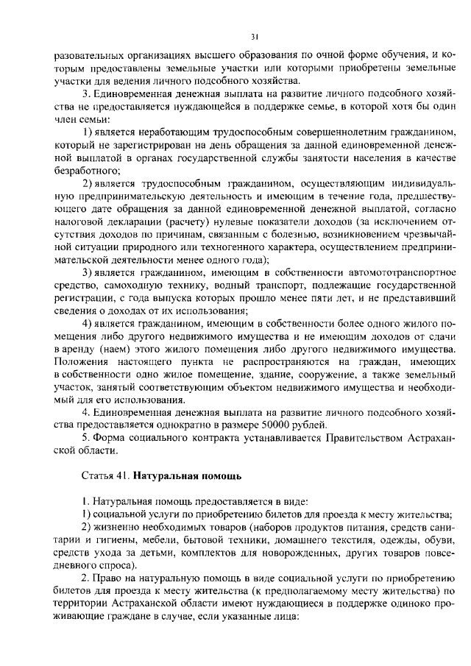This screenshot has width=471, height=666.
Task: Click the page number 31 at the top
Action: click(x=253, y=35)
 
